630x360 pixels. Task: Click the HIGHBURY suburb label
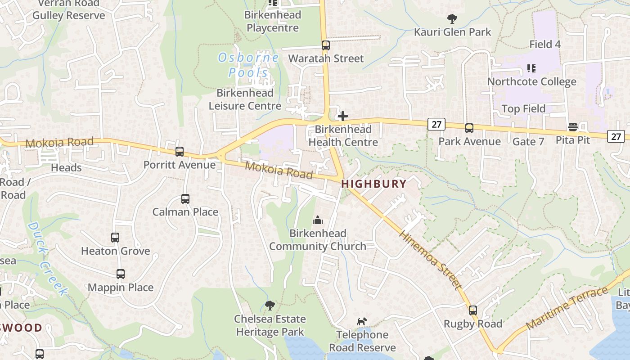(x=373, y=184)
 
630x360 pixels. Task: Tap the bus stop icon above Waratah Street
(x=325, y=45)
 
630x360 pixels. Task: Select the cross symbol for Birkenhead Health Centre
(x=343, y=116)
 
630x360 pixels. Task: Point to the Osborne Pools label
(x=248, y=65)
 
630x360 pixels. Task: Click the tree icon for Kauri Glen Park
(x=452, y=19)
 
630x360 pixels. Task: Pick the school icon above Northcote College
(x=531, y=68)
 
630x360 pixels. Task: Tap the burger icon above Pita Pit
(x=573, y=127)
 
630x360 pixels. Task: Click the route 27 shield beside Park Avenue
(x=436, y=124)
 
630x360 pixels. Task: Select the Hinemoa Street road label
(x=430, y=261)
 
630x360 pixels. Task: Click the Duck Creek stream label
(x=47, y=259)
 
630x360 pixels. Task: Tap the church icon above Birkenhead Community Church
(x=318, y=220)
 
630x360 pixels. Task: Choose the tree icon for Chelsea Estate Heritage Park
(x=270, y=306)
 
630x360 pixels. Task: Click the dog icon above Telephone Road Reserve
(x=362, y=321)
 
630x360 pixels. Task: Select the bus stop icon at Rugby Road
(x=472, y=310)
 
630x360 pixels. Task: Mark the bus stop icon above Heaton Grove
(x=115, y=238)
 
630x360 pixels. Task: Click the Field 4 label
(x=545, y=44)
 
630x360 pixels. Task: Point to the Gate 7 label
(x=528, y=141)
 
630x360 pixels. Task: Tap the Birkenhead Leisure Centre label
(x=245, y=99)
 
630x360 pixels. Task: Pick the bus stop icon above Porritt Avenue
(x=180, y=152)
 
